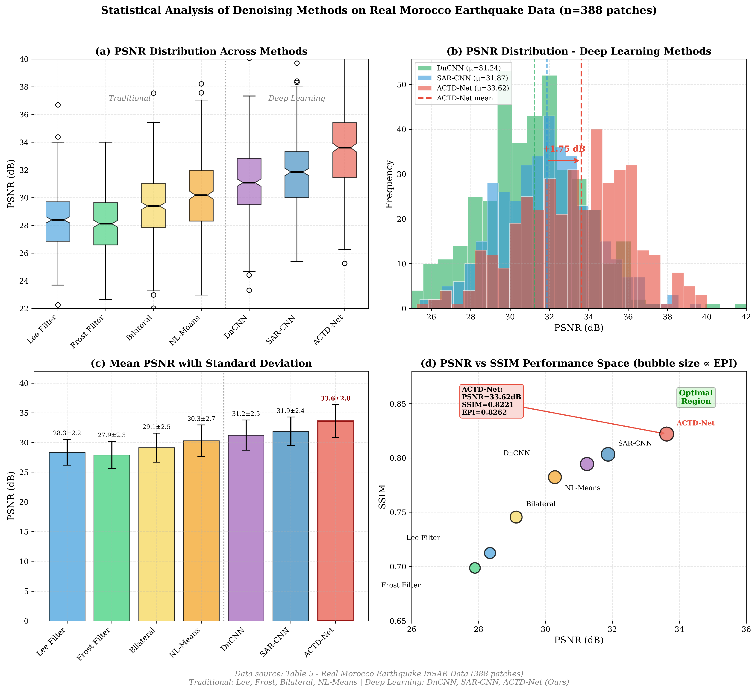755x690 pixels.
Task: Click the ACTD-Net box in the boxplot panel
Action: click(x=344, y=150)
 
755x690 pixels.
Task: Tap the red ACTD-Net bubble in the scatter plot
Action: click(x=667, y=434)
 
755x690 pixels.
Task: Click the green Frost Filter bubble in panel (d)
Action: click(x=475, y=568)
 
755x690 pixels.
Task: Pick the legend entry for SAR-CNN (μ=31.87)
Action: click(x=472, y=78)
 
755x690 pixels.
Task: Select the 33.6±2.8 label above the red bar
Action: click(x=335, y=399)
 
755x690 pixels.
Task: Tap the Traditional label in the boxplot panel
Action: click(x=129, y=98)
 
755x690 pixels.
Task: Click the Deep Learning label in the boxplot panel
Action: click(x=297, y=98)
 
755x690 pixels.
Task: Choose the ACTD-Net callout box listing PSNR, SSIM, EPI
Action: click(x=491, y=401)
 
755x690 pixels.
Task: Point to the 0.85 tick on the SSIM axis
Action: click(x=402, y=404)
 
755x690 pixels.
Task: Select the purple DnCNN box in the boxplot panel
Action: click(x=249, y=181)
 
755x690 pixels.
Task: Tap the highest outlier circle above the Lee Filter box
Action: click(x=58, y=105)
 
